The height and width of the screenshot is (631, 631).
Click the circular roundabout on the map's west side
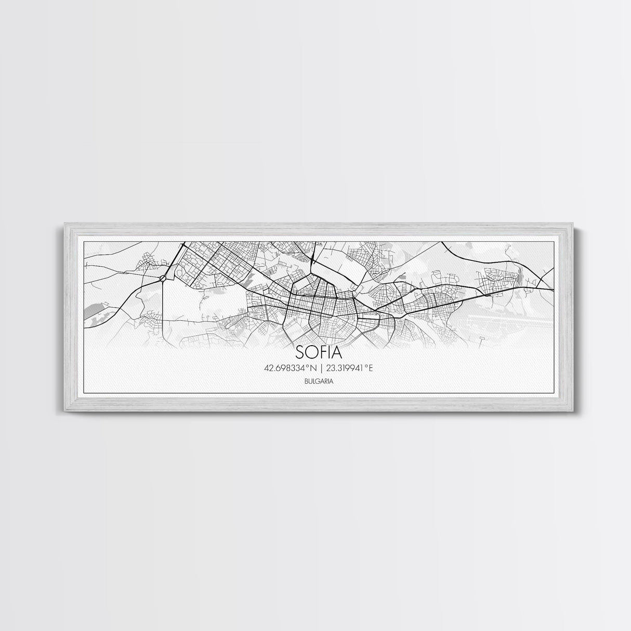(x=163, y=279)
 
